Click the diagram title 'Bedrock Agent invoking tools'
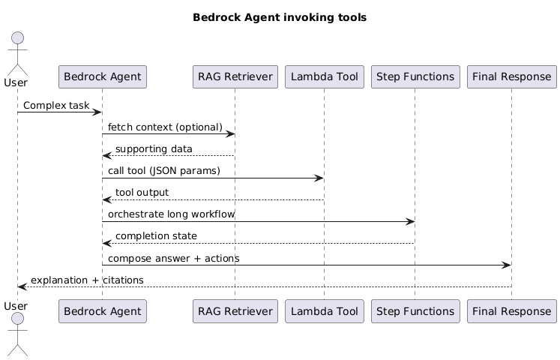pyautogui.click(x=280, y=17)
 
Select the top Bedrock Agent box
pyautogui.click(x=102, y=76)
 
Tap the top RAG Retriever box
pyautogui.click(x=235, y=76)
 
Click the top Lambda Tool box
pyautogui.click(x=324, y=76)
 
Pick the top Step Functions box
pyautogui.click(x=415, y=76)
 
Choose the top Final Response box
pyautogui.click(x=511, y=76)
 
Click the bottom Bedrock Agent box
pyautogui.click(x=102, y=310)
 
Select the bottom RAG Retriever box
pyautogui.click(x=235, y=310)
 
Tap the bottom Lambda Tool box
pyautogui.click(x=324, y=310)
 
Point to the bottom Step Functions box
pyautogui.click(x=415, y=310)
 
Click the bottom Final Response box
pyautogui.click(x=511, y=310)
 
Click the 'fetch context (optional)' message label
pyautogui.click(x=165, y=127)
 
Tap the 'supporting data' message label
pyautogui.click(x=154, y=149)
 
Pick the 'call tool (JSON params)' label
pyautogui.click(x=163, y=171)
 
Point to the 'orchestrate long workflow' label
pyautogui.click(x=171, y=214)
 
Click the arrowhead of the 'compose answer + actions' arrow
pyautogui.click(x=508, y=265)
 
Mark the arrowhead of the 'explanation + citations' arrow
pyautogui.click(x=22, y=286)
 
